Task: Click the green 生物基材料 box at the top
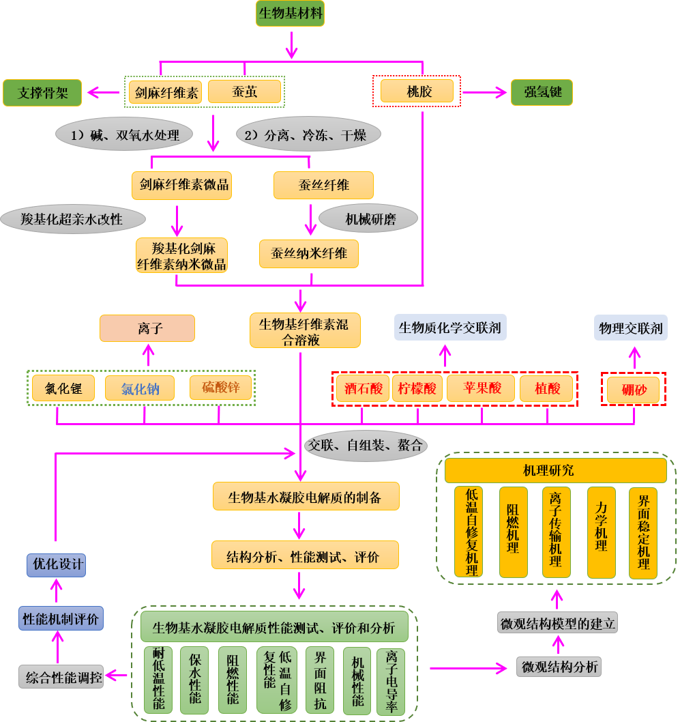(x=290, y=14)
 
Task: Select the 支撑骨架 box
(x=42, y=93)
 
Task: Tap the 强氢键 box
(x=542, y=91)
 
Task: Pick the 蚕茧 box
(x=243, y=92)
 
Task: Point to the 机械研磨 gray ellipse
(x=370, y=219)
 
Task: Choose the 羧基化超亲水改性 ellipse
(x=72, y=219)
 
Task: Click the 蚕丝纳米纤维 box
(x=309, y=253)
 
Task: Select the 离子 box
(x=147, y=328)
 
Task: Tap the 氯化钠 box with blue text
(x=140, y=388)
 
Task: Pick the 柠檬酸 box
(x=417, y=388)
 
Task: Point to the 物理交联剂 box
(x=630, y=328)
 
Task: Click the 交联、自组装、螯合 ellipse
(x=365, y=446)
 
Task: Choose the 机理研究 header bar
(x=556, y=470)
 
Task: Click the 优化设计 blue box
(x=58, y=564)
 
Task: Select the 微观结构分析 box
(x=559, y=666)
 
